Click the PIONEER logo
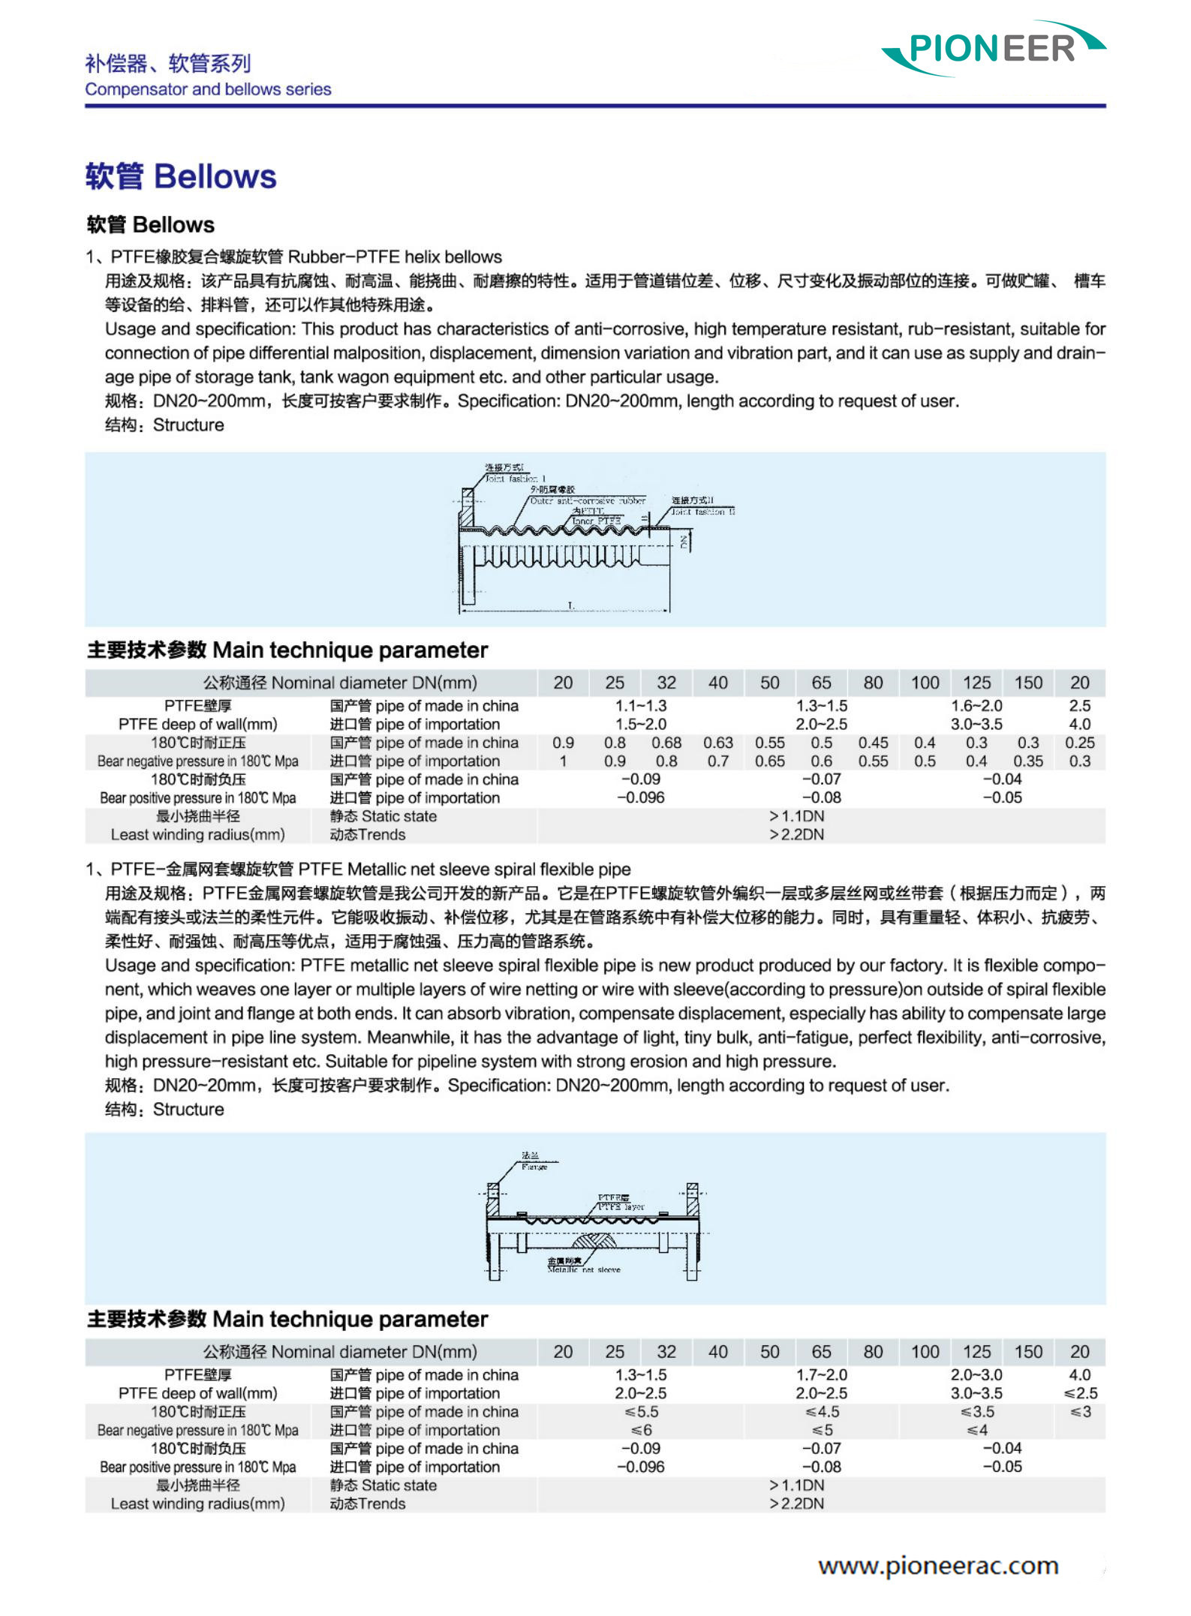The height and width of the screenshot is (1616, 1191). [992, 49]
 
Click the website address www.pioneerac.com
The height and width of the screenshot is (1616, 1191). [938, 1566]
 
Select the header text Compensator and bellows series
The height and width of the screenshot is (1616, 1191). [208, 89]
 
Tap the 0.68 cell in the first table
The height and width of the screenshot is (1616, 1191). [666, 743]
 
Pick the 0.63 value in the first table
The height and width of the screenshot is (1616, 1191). [717, 743]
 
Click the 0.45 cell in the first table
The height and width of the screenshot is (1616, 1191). [873, 743]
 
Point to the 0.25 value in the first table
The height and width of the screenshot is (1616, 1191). [1079, 743]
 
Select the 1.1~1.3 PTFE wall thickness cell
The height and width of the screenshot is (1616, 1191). [640, 706]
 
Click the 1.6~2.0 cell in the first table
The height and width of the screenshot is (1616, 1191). [976, 706]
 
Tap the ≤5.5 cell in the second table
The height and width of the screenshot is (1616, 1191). [641, 1412]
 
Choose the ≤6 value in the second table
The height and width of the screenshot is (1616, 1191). [641, 1431]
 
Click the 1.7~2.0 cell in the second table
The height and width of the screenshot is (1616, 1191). [821, 1375]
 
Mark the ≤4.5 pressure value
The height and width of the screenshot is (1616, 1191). [821, 1412]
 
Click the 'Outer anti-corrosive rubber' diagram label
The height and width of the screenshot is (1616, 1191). [587, 500]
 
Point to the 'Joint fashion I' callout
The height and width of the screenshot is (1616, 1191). [515, 479]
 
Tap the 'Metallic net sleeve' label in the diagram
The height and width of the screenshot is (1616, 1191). [584, 1270]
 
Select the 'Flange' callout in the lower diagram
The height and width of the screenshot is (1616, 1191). [534, 1167]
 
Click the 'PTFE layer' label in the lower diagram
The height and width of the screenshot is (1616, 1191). [621, 1207]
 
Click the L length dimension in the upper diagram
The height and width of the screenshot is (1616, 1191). [570, 605]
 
